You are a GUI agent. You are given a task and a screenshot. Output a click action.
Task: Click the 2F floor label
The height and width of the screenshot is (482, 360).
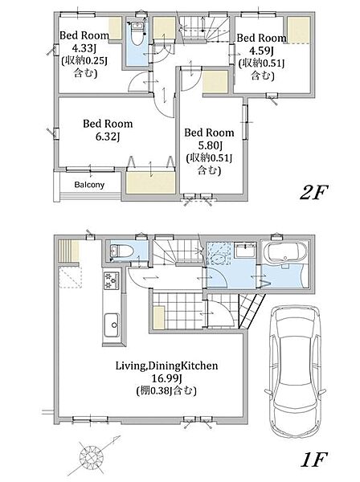pos(314,192)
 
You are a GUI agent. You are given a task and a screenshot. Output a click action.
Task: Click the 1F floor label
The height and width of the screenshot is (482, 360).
pos(314,460)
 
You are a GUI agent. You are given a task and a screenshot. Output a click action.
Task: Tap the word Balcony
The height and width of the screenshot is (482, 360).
pos(89,185)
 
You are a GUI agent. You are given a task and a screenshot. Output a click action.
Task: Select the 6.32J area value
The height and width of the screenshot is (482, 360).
pos(108,137)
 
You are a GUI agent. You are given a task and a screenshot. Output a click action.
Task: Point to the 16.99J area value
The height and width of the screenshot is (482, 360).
pos(166,378)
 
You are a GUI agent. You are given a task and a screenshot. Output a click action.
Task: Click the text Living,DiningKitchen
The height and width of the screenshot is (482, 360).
pos(166,366)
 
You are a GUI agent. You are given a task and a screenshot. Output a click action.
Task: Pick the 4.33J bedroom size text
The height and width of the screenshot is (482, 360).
pos(84,48)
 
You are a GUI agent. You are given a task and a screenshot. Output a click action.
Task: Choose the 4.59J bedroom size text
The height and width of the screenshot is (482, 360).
pos(261,51)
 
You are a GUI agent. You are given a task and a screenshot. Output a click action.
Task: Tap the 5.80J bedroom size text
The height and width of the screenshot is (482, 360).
pos(210,145)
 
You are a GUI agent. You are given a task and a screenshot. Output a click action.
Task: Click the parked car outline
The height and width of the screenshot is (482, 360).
pos(295,371)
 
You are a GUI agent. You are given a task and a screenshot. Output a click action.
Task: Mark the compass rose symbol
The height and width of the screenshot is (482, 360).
pos(92,455)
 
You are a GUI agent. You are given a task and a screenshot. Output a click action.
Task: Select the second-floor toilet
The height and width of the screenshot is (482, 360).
pos(137,30)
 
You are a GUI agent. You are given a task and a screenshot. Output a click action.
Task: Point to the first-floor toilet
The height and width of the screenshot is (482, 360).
pos(121,251)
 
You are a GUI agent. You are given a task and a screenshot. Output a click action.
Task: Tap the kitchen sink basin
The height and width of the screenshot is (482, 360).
pos(112,325)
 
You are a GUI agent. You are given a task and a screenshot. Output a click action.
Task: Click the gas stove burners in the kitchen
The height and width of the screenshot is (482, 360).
pos(112,280)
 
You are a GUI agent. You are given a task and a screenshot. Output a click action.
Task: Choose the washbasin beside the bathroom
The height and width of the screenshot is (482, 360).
pos(245,250)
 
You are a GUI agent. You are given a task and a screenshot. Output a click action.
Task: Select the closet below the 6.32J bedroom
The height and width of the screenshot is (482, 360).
pos(150,182)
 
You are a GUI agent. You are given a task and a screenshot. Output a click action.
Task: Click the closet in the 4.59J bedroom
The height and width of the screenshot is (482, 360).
pos(299,30)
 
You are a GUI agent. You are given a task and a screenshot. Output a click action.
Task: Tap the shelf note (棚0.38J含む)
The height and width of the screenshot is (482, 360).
pos(166,390)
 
